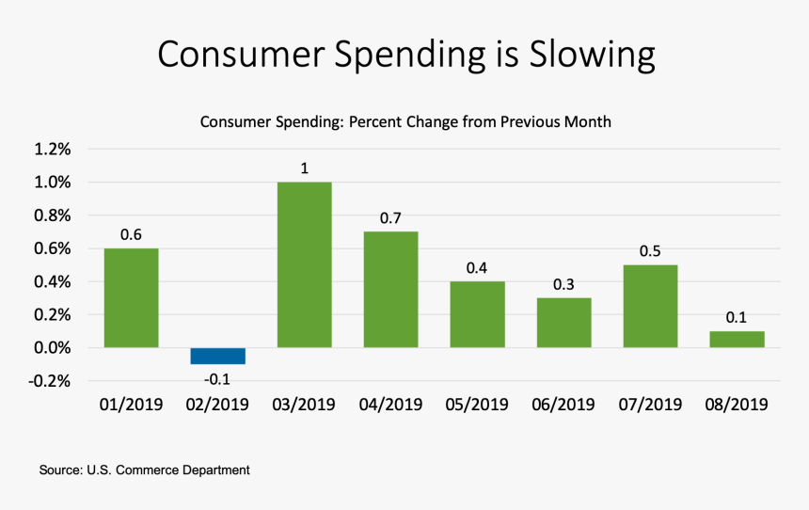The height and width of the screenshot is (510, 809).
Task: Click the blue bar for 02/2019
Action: tap(217, 357)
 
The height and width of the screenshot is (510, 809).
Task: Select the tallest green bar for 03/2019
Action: tap(305, 264)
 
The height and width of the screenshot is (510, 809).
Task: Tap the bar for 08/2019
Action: tap(737, 340)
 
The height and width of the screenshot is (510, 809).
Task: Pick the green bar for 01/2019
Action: tap(131, 298)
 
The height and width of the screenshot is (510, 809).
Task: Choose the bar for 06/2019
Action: tap(563, 323)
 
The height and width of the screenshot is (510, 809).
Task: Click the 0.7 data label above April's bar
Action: tap(390, 218)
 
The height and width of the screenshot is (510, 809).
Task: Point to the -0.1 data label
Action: tap(217, 379)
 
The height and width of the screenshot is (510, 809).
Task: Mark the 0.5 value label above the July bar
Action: tap(650, 251)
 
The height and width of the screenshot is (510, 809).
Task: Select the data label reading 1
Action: tap(305, 168)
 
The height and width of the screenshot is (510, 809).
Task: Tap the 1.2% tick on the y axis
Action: tap(52, 150)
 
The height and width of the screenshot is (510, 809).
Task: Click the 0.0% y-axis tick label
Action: tap(52, 348)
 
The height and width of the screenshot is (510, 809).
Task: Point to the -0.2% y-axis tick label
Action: tap(50, 381)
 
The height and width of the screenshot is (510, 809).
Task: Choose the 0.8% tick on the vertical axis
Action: tap(52, 215)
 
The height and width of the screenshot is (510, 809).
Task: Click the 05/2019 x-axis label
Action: tap(477, 405)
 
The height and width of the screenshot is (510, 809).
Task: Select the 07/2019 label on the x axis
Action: tap(650, 405)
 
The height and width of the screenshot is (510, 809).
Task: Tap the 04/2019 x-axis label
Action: tap(390, 405)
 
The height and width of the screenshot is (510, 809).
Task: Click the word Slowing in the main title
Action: tap(593, 55)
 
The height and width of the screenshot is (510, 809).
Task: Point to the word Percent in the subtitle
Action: tap(375, 121)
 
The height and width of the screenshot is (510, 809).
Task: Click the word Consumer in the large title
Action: tap(242, 54)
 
